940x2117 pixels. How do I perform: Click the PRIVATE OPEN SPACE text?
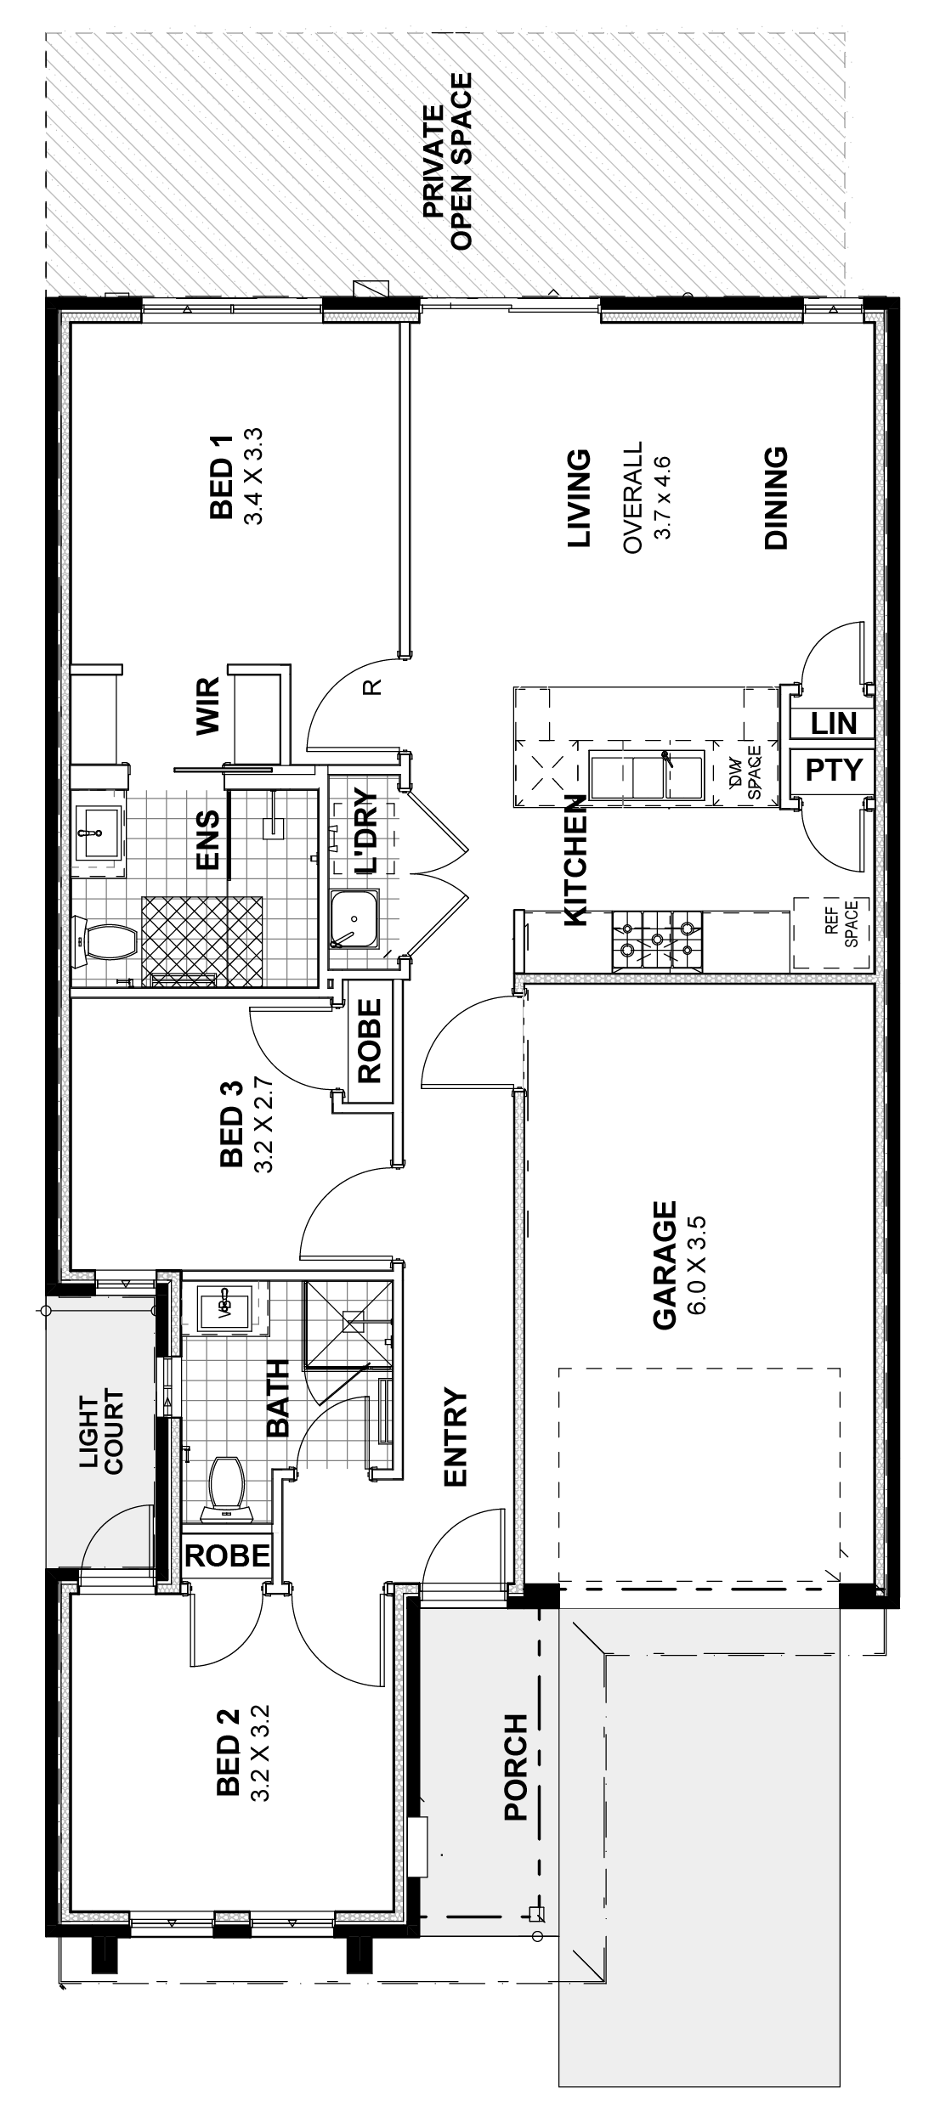(x=446, y=161)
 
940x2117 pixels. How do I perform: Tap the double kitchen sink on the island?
(x=647, y=774)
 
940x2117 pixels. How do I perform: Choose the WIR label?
(x=207, y=705)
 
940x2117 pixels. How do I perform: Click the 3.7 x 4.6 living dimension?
(x=662, y=497)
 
